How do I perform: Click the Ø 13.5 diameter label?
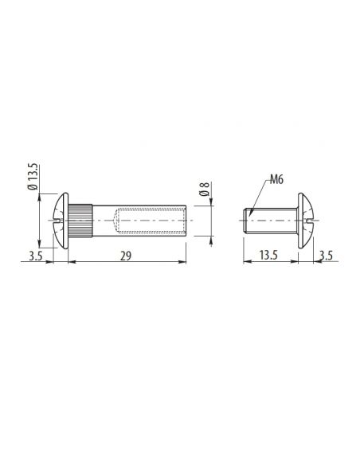(x=33, y=177)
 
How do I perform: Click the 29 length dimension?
(x=126, y=256)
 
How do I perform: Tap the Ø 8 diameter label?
(x=205, y=190)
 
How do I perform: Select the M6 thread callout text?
(x=276, y=179)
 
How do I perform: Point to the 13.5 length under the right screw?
(x=268, y=255)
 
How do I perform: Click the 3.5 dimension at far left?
(x=36, y=256)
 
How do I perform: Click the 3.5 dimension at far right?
(x=327, y=255)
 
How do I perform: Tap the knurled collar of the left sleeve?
(x=80, y=220)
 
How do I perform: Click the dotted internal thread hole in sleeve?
(x=150, y=220)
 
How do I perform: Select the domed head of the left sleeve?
(x=62, y=221)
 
